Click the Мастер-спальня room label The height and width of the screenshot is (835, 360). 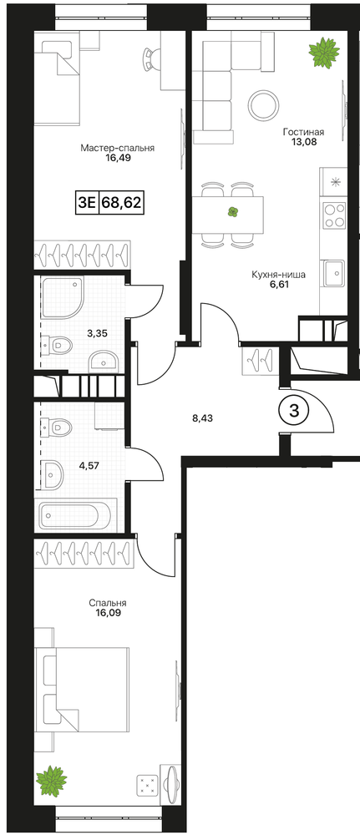click(117, 148)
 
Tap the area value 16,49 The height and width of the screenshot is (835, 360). click(119, 158)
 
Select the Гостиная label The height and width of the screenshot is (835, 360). click(303, 132)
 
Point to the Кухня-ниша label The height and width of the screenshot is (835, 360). click(278, 276)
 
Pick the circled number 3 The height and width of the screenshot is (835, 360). click(292, 411)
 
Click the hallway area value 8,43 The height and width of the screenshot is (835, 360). click(201, 419)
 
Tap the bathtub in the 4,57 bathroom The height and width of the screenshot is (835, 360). click(75, 515)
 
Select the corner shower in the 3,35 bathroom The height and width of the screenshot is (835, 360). click(63, 297)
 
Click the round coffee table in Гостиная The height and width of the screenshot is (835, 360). click(264, 105)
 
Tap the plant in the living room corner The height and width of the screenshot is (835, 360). click(323, 52)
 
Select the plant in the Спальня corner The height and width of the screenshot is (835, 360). click(52, 781)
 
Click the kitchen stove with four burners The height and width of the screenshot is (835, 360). click(334, 215)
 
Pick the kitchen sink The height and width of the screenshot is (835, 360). click(334, 273)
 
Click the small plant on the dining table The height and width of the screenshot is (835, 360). click(232, 212)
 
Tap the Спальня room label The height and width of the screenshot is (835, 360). click(108, 604)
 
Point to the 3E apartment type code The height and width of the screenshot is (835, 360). click(87, 202)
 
